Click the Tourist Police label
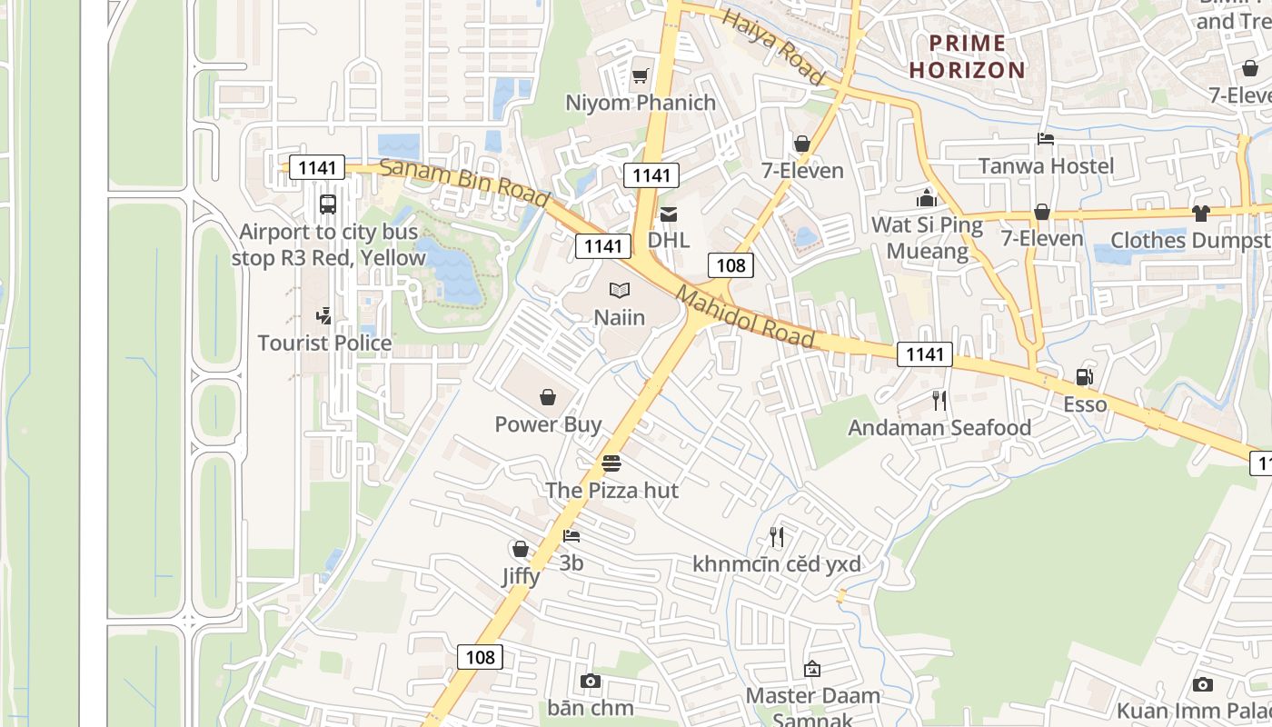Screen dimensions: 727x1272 coord(324,344)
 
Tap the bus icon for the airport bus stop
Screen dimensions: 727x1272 coord(328,204)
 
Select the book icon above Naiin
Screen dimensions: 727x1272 coord(620,291)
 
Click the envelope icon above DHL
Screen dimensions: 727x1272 coord(669,214)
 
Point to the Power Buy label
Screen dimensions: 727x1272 coord(548,424)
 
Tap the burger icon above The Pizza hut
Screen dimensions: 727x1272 coord(611,463)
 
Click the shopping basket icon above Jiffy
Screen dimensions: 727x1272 coord(521,549)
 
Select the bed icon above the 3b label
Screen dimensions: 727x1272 coord(571,536)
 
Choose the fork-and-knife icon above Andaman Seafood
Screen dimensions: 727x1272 coord(939,400)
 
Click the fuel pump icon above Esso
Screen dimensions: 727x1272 coord(1084,377)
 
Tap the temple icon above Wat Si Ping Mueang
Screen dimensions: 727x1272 coord(927,197)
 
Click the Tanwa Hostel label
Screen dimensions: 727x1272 coord(1046,166)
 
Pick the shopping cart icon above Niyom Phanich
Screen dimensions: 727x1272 coord(641,75)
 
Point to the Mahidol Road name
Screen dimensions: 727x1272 coord(745,317)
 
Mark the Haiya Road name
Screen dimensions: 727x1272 coord(773,47)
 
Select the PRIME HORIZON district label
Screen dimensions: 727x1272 coord(968,56)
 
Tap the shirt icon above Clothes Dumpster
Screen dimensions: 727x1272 coord(1201,214)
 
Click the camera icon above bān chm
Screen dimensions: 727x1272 coord(590,681)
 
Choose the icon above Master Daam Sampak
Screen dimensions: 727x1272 coord(812,669)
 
